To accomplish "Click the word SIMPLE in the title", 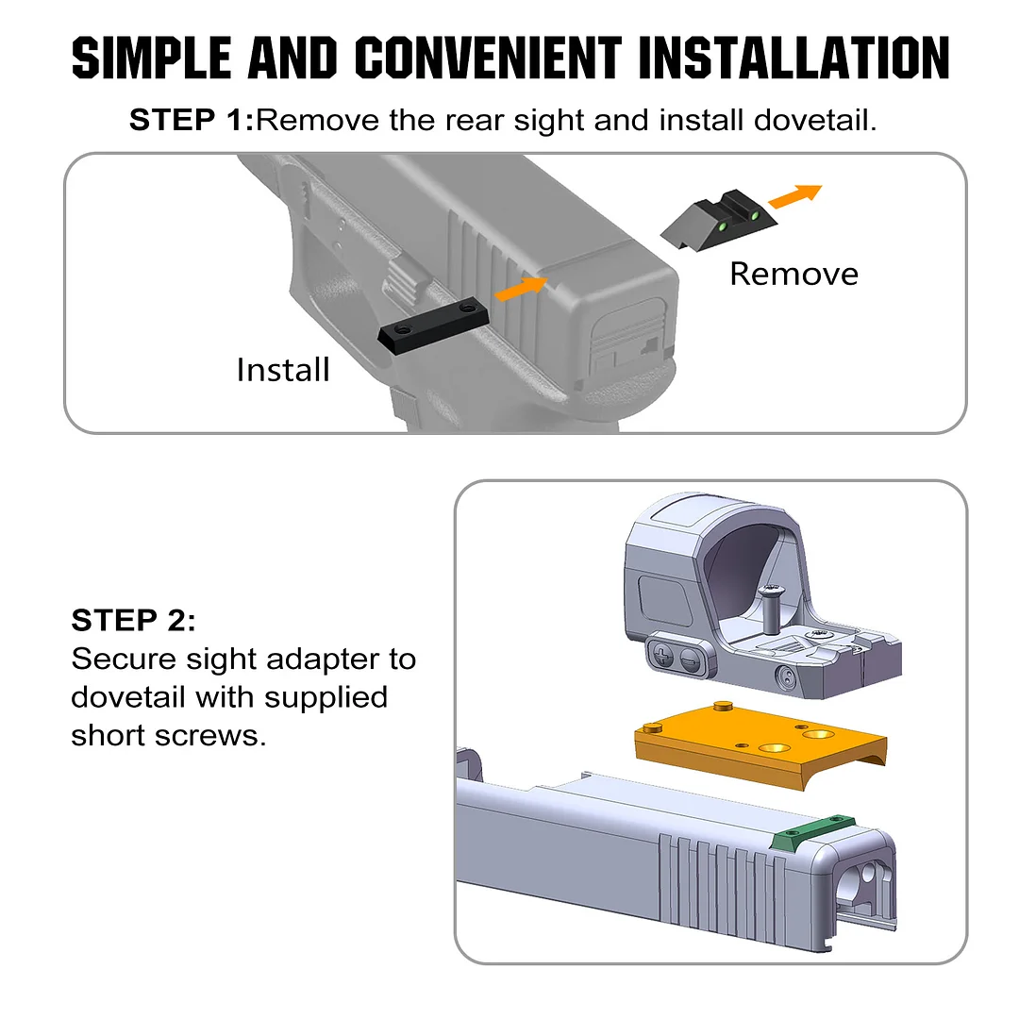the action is point(151,58).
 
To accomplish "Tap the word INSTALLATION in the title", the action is point(794,58).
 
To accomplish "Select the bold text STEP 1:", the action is point(191,120).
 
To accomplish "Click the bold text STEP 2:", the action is point(133,620).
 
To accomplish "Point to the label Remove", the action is point(793,274).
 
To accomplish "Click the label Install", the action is point(283,370).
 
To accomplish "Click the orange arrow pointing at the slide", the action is point(521,289).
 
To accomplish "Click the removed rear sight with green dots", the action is point(719,220).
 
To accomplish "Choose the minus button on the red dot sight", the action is point(691,661).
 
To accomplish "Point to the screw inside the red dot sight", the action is point(771,609).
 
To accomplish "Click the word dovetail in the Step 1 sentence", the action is point(815,120).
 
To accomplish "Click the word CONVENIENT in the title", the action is point(488,58).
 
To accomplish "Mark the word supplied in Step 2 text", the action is point(326,698).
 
